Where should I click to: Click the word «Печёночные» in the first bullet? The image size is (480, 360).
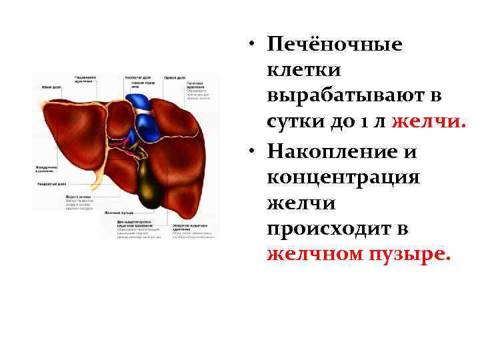click(334, 45)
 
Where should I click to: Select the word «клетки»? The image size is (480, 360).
click(304, 70)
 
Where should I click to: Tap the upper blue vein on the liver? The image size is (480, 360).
click(139, 101)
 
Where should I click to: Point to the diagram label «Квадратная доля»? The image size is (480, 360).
click(51, 183)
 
